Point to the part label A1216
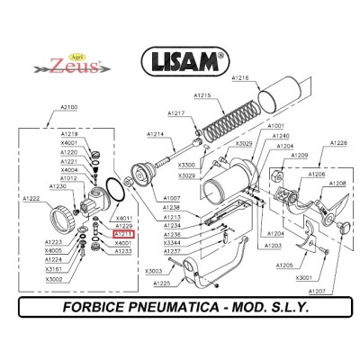239,78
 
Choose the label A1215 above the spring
202,95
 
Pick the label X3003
154,270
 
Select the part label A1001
276,126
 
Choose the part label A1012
69,177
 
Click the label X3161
54,269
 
